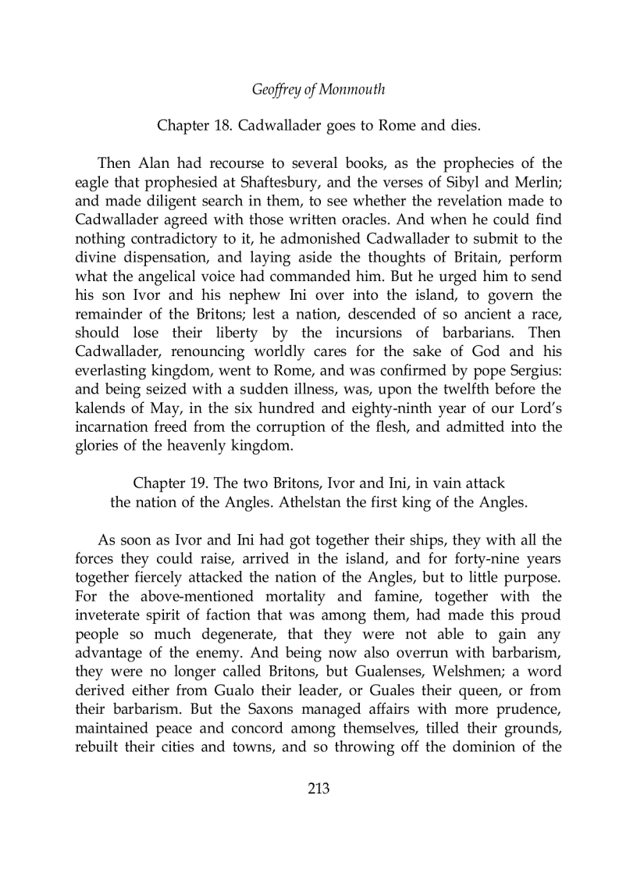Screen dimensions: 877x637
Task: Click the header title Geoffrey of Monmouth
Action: pyautogui.click(x=318, y=90)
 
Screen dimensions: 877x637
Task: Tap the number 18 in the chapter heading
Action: pyautogui.click(x=222, y=125)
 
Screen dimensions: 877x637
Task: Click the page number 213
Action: pyautogui.click(x=318, y=789)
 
